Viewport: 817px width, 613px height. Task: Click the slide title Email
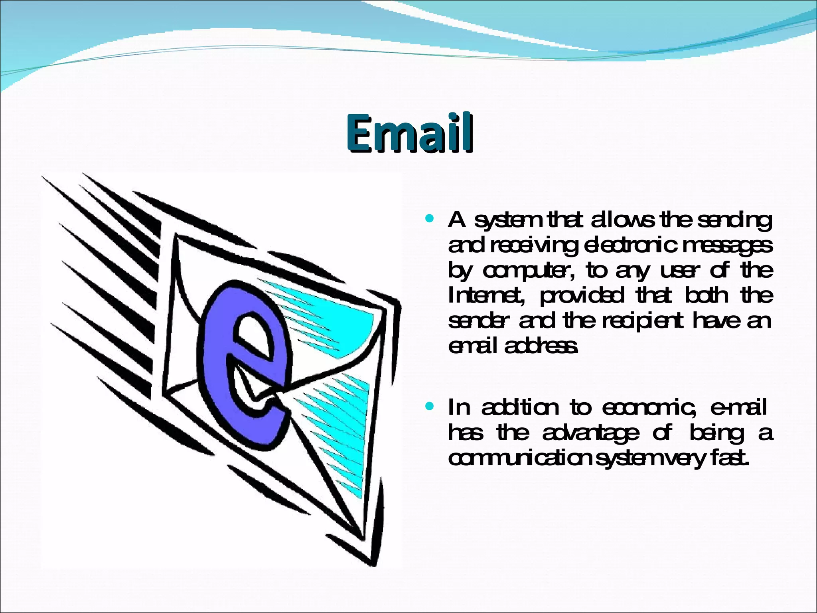click(x=410, y=133)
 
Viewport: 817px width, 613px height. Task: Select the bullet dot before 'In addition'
click(x=429, y=407)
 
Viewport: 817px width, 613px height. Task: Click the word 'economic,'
click(x=650, y=408)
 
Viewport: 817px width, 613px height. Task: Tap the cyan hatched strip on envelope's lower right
click(x=343, y=431)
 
